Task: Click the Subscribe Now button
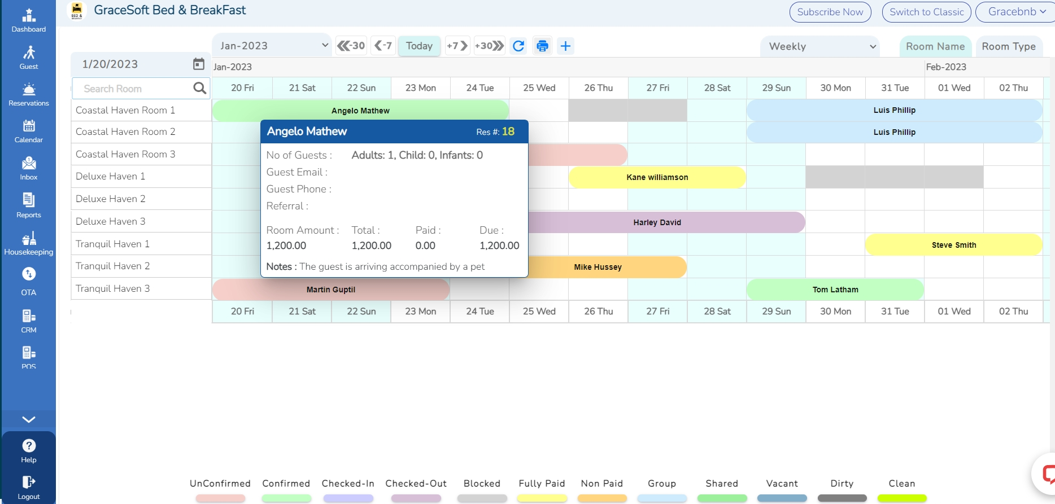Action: click(x=830, y=12)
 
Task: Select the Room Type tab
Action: click(x=1008, y=46)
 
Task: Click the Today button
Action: click(x=419, y=46)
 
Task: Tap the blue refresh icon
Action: click(x=518, y=46)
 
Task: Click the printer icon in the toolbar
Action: click(x=542, y=46)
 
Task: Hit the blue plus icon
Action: click(x=565, y=46)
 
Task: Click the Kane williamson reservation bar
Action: click(x=657, y=177)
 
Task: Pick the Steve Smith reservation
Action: click(x=953, y=245)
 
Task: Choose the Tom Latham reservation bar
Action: click(x=835, y=290)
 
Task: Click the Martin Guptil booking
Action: click(x=330, y=290)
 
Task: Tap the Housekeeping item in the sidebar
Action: click(x=29, y=243)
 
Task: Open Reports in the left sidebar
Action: click(x=29, y=205)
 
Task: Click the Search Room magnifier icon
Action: click(x=199, y=88)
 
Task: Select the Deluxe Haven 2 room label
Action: click(x=111, y=199)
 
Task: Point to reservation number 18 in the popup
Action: click(x=508, y=132)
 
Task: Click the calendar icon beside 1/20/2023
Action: click(x=199, y=64)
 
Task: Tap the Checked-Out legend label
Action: click(x=416, y=484)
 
